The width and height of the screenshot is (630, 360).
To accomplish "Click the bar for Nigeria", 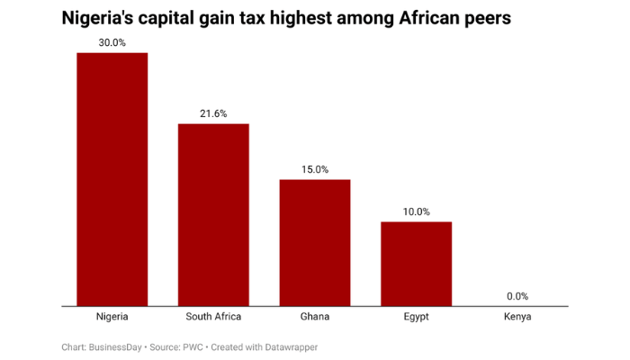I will coord(112,179).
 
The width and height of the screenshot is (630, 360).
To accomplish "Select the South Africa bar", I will coord(213,214).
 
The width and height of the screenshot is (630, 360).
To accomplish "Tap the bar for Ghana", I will coord(314,242).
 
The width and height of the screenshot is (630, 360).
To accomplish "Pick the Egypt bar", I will coord(416,263).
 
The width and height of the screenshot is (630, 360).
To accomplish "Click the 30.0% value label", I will coord(112,42).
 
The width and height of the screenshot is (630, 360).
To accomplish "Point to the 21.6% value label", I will coord(213,113).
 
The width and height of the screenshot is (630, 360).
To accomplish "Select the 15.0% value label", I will coord(314,169).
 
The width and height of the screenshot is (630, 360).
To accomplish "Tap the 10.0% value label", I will coord(416,211).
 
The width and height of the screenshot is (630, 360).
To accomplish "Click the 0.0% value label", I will coord(517,296).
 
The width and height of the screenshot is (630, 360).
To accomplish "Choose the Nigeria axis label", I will coord(112,317).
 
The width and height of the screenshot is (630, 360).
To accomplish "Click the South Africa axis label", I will coord(213,317).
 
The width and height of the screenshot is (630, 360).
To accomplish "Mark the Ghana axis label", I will coord(314,317).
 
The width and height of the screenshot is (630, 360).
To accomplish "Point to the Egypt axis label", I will coord(416,317).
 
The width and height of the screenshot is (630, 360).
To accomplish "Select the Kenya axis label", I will coord(517,317).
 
